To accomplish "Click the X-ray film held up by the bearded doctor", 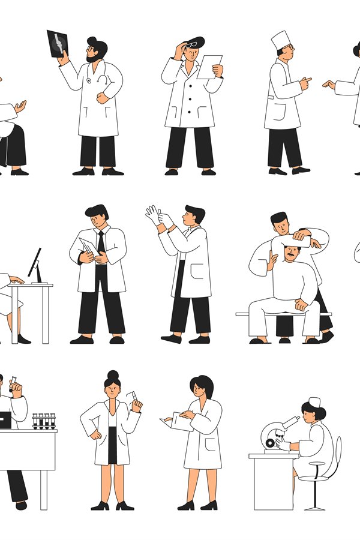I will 58,43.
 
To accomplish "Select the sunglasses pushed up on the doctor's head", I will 192,43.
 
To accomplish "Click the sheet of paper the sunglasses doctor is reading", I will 208,66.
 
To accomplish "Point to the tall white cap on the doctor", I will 280,41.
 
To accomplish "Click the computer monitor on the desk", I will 35,264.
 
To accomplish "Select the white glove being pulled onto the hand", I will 154,215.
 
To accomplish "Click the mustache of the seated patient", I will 291,257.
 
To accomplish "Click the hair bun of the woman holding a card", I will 112,376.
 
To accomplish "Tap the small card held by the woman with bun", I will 132,397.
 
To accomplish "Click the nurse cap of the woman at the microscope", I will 314,402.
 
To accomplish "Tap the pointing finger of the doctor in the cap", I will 308,79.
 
